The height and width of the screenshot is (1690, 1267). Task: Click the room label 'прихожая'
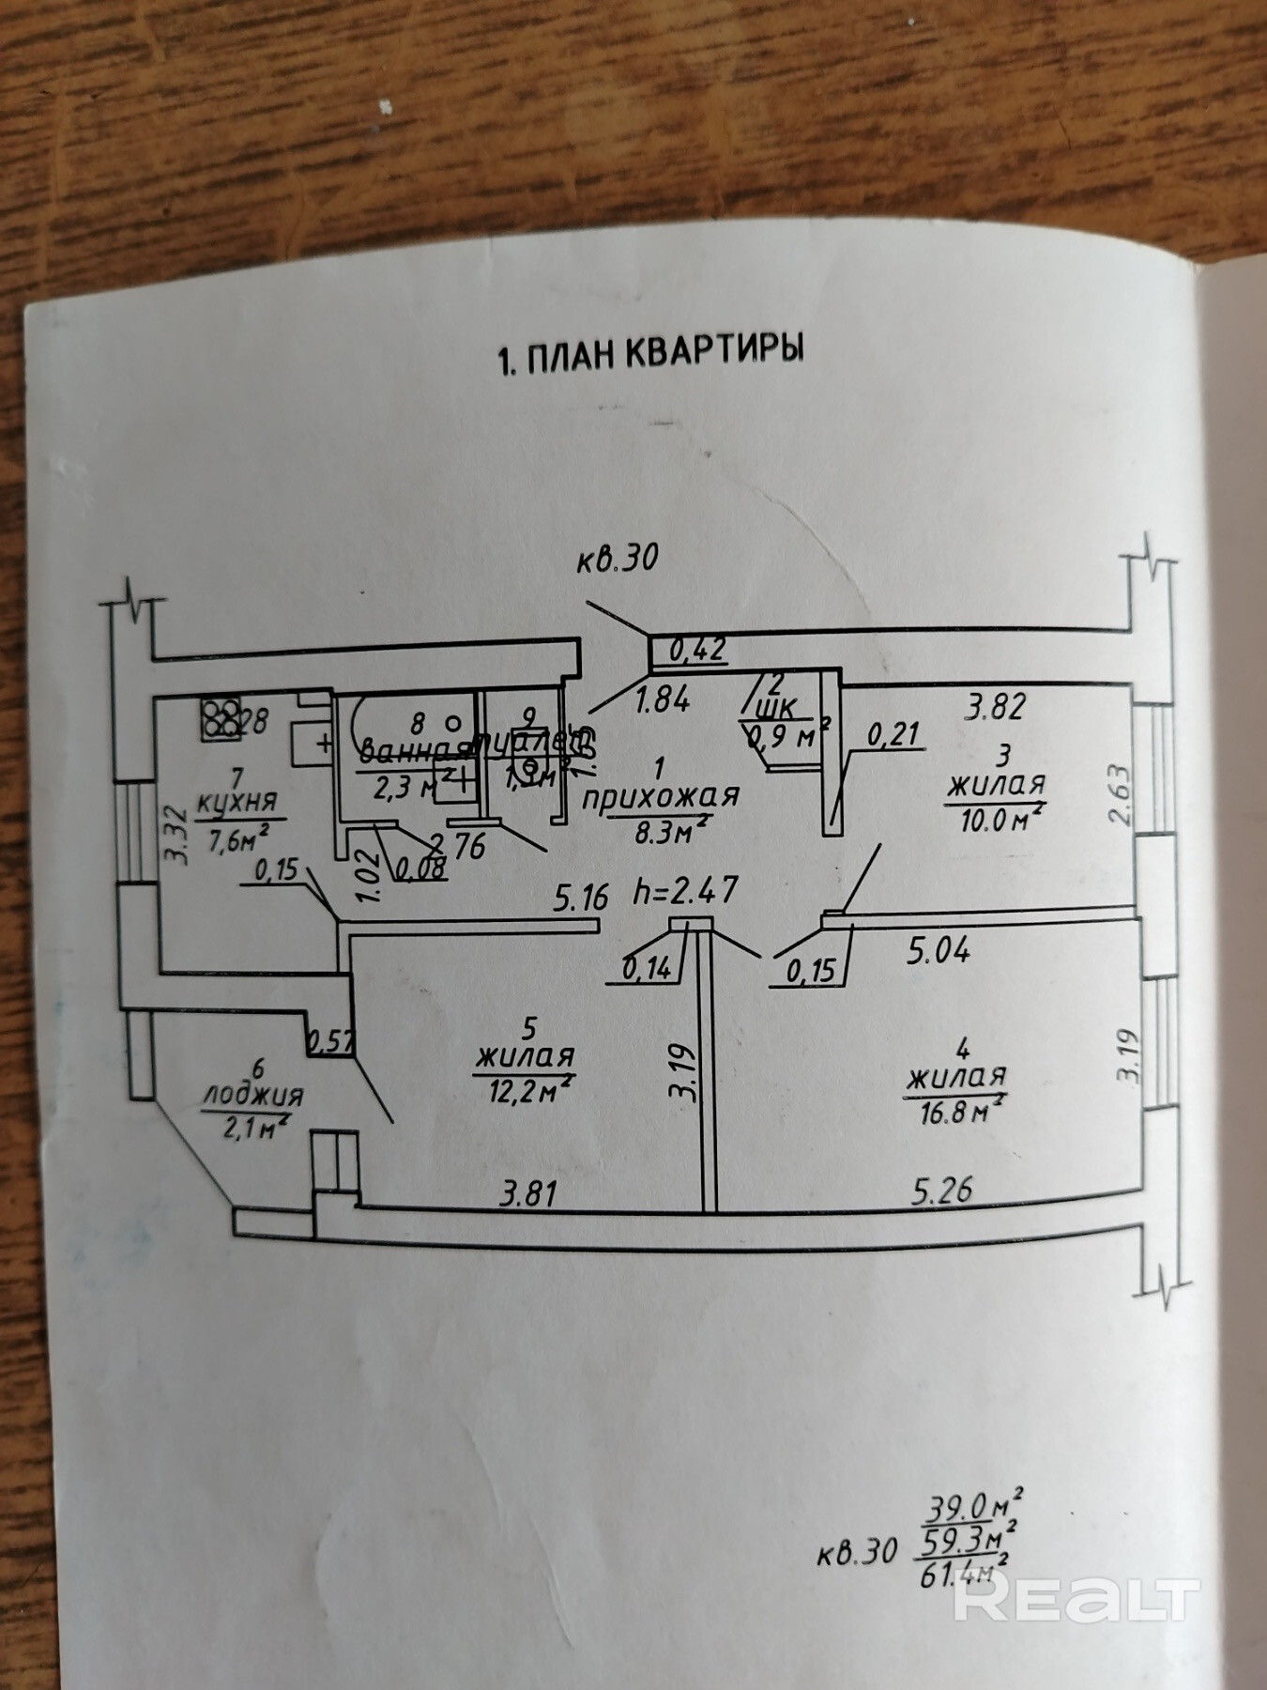pos(662,797)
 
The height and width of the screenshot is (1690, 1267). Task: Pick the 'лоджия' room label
pos(253,1095)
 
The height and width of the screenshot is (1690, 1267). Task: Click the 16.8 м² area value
pos(956,1112)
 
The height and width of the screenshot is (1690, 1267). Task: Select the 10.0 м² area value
pos(997,820)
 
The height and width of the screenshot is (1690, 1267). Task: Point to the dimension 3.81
pos(529,1194)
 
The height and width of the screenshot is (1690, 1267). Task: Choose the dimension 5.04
pos(938,952)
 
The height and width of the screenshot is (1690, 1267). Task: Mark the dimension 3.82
pos(997,705)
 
